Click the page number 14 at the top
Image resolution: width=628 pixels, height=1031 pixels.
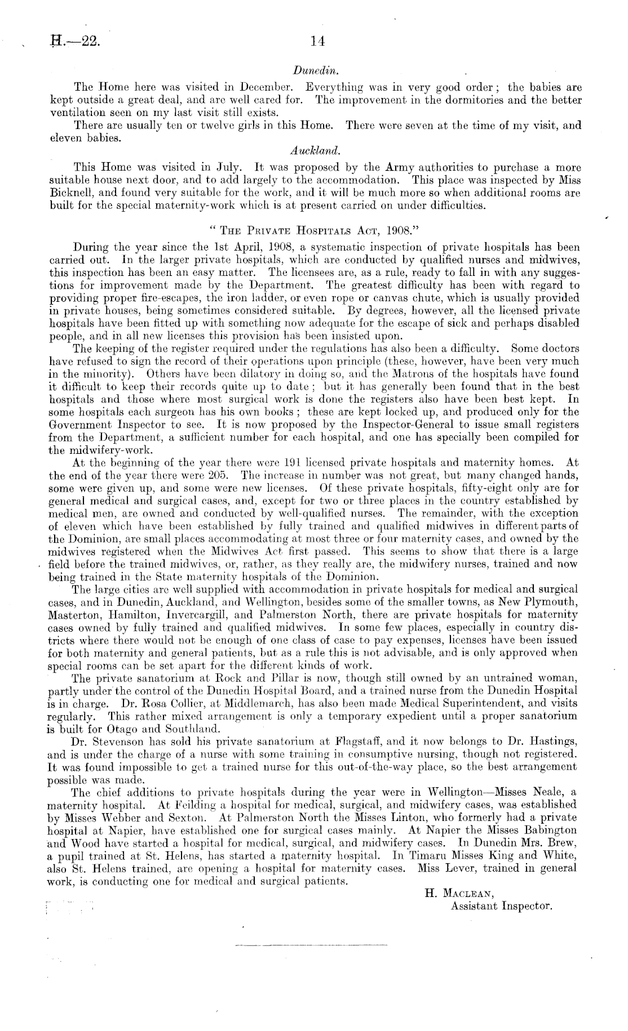click(315, 41)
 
